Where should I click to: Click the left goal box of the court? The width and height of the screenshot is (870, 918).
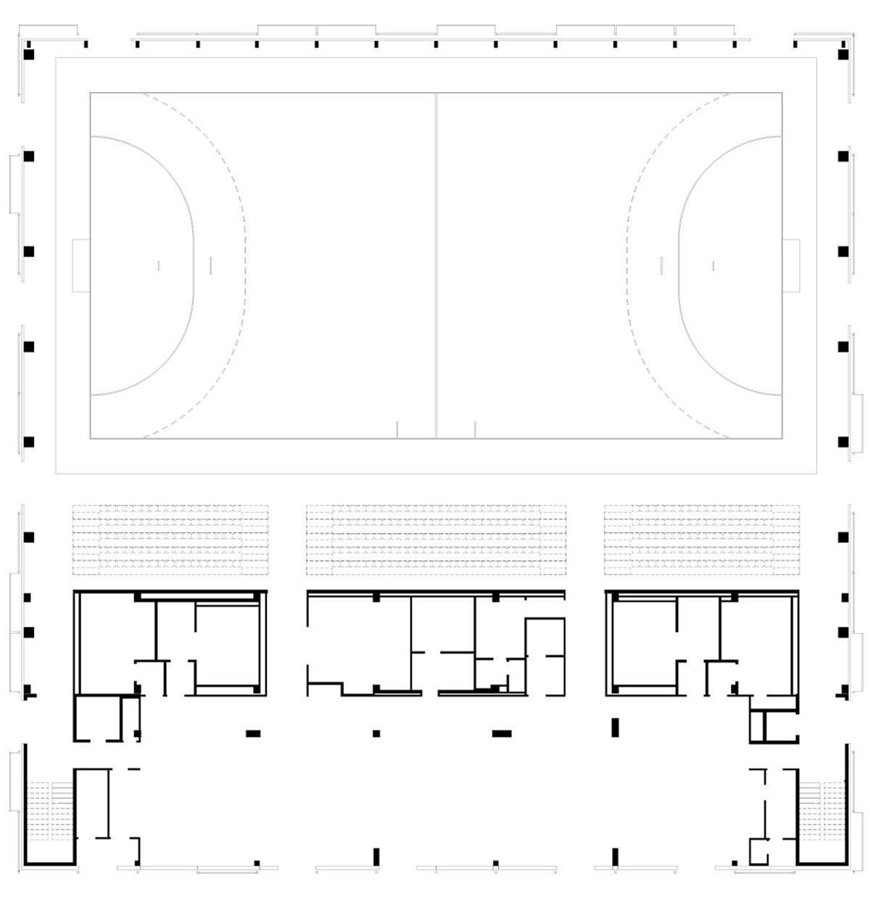[81, 265]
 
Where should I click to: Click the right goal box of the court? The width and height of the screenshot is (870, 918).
[790, 265]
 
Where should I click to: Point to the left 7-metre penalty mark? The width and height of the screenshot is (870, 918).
[210, 265]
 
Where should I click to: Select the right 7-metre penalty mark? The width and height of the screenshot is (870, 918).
[661, 265]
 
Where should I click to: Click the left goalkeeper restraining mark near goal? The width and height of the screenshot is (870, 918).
[158, 265]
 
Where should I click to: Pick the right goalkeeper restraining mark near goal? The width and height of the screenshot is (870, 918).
[713, 265]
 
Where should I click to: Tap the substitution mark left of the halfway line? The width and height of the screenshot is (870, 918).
[397, 429]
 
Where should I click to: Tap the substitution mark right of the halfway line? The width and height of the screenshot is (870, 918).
[475, 429]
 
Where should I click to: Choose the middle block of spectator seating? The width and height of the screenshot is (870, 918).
[436, 539]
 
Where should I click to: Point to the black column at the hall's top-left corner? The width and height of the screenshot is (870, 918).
[30, 54]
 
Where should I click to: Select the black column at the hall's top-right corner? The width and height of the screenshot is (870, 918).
[842, 54]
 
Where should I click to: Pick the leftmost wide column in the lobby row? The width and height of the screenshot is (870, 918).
[253, 733]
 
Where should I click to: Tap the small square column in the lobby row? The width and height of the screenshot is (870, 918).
[376, 733]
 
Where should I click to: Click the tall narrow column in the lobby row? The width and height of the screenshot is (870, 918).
[616, 727]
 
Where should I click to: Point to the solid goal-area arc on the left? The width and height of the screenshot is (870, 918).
[193, 265]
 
